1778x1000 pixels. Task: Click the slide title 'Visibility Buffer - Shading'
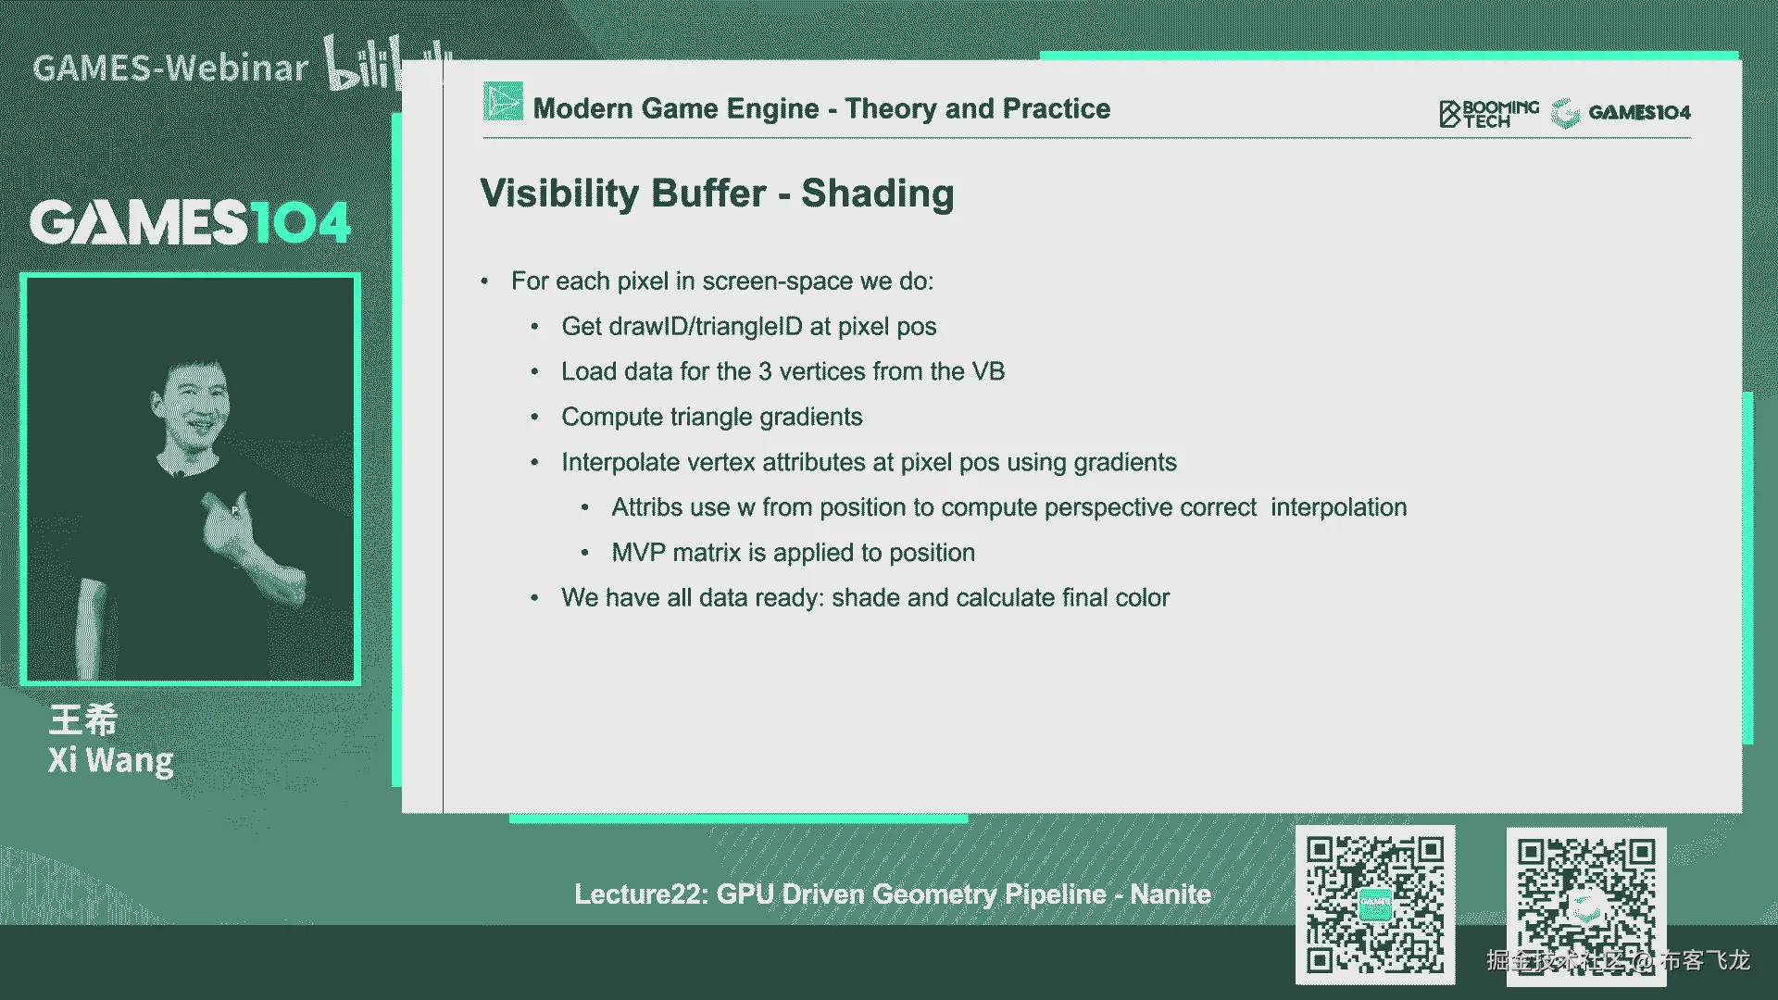717,194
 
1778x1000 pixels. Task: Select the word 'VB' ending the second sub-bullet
988,371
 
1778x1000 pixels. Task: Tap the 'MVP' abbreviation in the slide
639,553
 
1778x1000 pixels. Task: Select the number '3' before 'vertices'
765,371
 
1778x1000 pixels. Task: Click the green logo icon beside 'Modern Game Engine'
503,102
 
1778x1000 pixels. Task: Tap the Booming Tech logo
1489,113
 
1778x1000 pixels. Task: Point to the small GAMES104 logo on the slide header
1621,112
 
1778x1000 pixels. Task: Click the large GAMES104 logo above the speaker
190,222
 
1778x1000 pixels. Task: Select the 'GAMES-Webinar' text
170,68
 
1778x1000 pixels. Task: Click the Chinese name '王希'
83,720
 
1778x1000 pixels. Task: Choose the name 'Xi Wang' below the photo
111,760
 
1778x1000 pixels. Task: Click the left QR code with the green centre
1375,905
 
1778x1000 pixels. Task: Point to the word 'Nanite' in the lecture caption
1171,894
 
